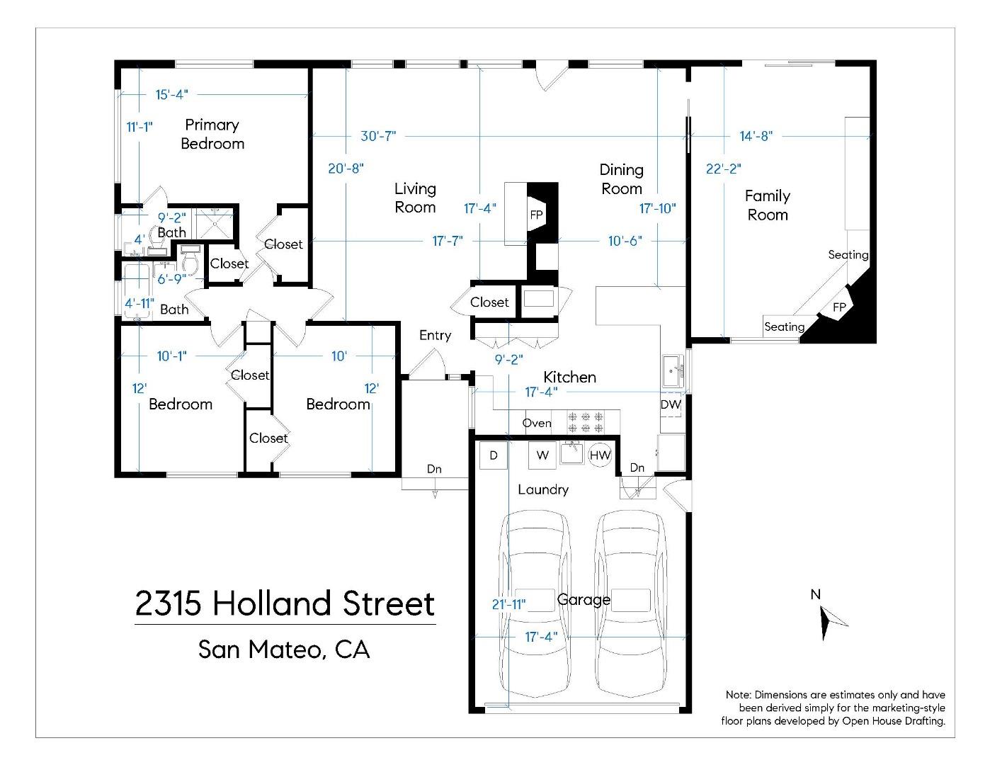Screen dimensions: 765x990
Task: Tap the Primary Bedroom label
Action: click(x=212, y=134)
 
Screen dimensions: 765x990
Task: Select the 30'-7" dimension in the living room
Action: click(x=378, y=135)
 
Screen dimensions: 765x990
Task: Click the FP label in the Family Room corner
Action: click(x=839, y=307)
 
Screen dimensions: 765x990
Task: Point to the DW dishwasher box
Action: click(x=671, y=405)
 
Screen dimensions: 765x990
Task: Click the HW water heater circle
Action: click(x=600, y=455)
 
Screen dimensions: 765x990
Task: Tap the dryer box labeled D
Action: click(x=494, y=455)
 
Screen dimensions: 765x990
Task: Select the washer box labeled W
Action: click(x=542, y=455)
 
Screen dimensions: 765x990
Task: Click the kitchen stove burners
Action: click(x=585, y=422)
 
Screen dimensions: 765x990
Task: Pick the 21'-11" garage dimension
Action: click(x=508, y=604)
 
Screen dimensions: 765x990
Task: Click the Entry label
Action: click(x=435, y=335)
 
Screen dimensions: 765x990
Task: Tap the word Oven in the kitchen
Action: click(x=537, y=423)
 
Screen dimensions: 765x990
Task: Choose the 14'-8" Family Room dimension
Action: click(x=756, y=135)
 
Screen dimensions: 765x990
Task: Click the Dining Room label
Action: click(x=621, y=179)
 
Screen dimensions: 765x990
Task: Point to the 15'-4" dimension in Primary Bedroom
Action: click(x=171, y=94)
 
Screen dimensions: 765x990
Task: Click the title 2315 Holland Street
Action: click(x=285, y=603)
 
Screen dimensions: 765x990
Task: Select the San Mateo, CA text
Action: click(x=284, y=649)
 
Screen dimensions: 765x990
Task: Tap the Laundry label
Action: click(x=543, y=489)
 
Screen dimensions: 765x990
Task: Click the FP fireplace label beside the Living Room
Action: click(x=536, y=215)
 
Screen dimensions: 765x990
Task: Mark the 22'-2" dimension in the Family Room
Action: click(x=723, y=169)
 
